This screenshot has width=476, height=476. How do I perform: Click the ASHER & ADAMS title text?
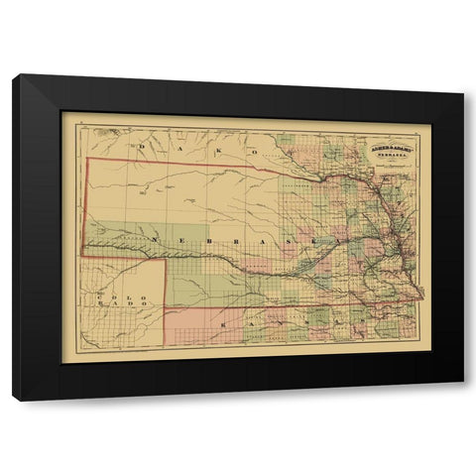click(x=395, y=147)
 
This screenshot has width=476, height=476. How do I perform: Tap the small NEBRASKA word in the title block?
click(x=396, y=156)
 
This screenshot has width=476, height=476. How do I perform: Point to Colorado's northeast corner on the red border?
click(x=164, y=260)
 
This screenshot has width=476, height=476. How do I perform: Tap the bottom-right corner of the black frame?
click(x=464, y=400)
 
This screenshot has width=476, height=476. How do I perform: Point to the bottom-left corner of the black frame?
click(x=13, y=400)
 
